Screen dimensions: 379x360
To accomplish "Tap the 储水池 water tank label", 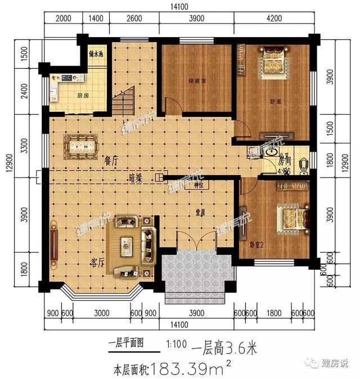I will click(97, 55).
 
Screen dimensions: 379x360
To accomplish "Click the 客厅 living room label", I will click(83, 260).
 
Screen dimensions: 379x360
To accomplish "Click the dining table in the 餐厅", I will click(82, 146).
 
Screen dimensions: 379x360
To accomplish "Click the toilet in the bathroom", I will click(302, 165).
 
